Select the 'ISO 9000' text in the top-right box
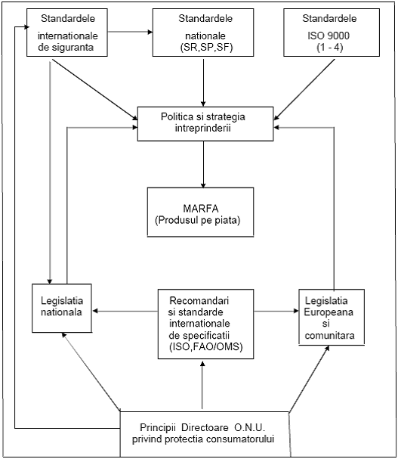pyautogui.click(x=329, y=36)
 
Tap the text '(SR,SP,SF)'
pyautogui.click(x=206, y=48)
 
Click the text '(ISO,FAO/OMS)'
pyautogui.click(x=206, y=347)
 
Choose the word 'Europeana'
pyautogui.click(x=329, y=312)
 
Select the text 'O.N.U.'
pyautogui.click(x=249, y=428)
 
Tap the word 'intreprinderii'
pyautogui.click(x=203, y=129)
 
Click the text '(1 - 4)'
pyautogui.click(x=329, y=48)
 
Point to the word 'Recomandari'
pyautogui.click(x=199, y=301)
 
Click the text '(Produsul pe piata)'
pyautogui.click(x=198, y=220)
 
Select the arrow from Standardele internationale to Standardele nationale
pyautogui.click(x=130, y=32)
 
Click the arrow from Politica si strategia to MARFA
pyautogui.click(x=203, y=164)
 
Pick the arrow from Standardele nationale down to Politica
pyautogui.click(x=203, y=82)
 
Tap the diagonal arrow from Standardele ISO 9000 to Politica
pyautogui.click(x=304, y=90)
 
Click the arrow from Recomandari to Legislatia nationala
pyautogui.click(x=125, y=311)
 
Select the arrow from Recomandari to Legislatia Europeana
pyautogui.click(x=276, y=311)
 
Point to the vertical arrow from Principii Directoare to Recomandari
pyautogui.click(x=202, y=385)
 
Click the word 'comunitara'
pyautogui.click(x=329, y=335)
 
